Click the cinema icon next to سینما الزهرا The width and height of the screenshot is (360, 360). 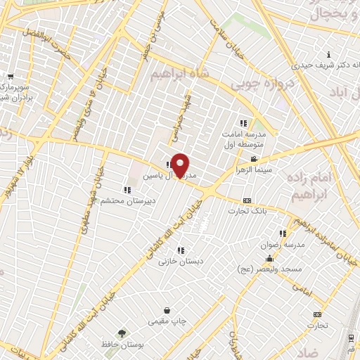click(253, 160)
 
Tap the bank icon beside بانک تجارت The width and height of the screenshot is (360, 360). click(246, 200)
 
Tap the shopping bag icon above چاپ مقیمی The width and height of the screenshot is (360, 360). click(167, 310)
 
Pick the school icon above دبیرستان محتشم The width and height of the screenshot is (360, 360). click(127, 190)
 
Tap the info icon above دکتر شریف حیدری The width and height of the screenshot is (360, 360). click(328, 55)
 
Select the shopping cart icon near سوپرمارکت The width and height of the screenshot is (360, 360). click(10, 77)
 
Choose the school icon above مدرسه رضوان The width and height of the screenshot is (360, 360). click(283, 233)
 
